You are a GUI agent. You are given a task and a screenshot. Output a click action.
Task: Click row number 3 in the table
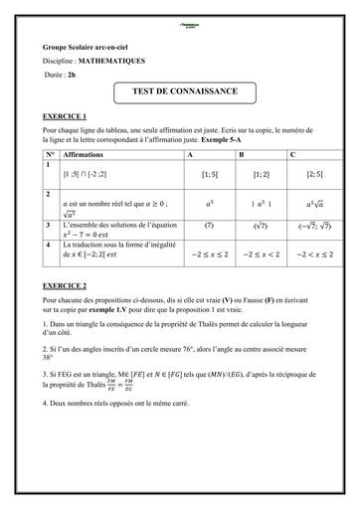tap(49, 226)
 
